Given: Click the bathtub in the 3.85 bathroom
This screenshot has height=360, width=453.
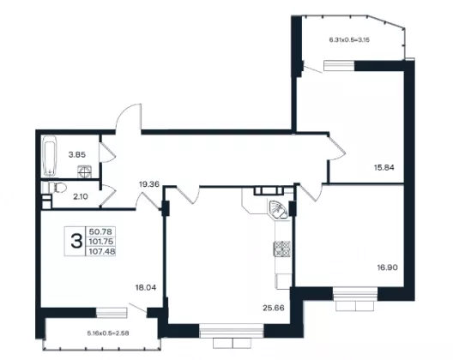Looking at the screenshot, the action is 50,156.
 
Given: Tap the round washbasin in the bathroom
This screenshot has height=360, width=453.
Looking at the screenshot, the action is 85,171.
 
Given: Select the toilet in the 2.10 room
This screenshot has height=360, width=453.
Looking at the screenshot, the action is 57,188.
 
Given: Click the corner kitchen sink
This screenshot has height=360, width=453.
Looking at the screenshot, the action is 278,209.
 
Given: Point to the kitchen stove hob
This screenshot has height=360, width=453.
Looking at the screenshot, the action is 282,249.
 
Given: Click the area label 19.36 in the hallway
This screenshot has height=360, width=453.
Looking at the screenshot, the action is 149,184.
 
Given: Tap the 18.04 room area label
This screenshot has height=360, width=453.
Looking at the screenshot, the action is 146,287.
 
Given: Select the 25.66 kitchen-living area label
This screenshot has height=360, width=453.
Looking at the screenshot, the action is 274,308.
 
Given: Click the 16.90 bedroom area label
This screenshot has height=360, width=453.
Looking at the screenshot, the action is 388,267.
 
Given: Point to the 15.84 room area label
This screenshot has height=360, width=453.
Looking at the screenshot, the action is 384,167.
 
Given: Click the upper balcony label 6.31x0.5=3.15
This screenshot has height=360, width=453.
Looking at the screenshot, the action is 349,40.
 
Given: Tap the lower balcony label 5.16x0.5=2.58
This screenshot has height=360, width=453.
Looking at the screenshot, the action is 108,333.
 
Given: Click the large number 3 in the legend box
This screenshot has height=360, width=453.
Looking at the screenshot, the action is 76,242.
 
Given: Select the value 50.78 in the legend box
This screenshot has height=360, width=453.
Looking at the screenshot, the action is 100,231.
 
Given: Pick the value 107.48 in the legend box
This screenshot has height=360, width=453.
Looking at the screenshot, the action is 102,252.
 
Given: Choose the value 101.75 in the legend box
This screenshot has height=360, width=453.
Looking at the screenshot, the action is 101,242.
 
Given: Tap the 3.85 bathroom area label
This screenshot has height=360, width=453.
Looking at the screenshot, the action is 77,155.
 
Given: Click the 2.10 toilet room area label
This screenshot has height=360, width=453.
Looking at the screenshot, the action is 81,197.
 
